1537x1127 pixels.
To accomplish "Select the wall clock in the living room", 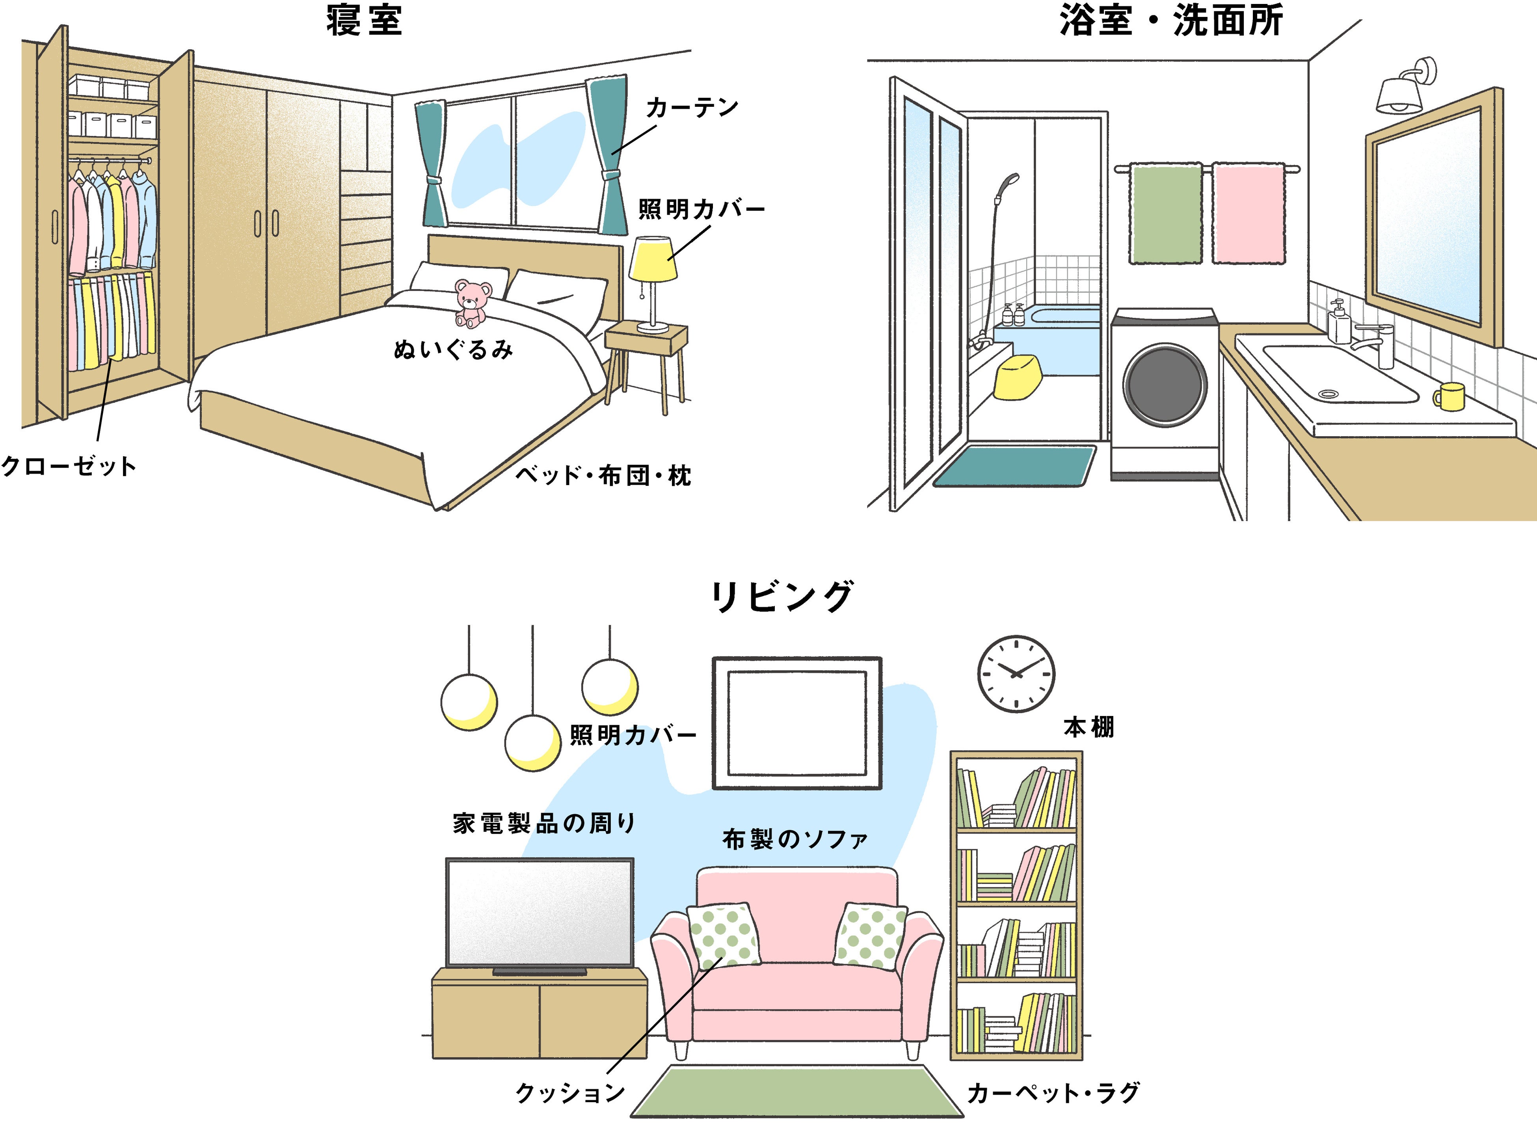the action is pos(1016,674).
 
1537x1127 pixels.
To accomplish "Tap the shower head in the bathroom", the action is pos(1008,184).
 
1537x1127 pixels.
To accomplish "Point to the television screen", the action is pos(539,913).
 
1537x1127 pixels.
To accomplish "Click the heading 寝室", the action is pos(364,20).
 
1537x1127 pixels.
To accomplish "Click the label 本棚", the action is pos(1089,727).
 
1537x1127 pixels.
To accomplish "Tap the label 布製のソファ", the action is pos(795,839).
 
